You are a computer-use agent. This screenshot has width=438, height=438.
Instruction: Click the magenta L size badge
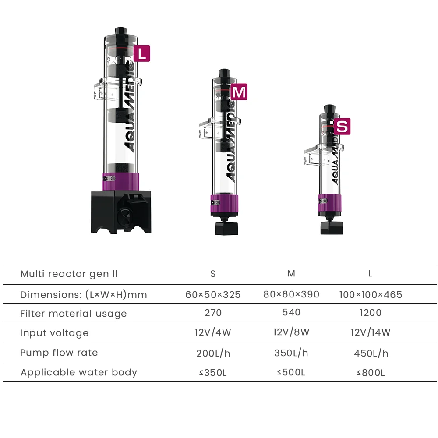(142, 53)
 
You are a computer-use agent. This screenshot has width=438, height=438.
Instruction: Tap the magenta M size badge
(239, 92)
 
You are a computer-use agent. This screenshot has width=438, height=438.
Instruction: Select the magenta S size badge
(342, 127)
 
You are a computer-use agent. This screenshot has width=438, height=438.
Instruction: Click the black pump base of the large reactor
(121, 212)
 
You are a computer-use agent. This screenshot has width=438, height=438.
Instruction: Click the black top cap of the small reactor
(330, 109)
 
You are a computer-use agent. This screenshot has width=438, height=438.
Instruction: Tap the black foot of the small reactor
(332, 228)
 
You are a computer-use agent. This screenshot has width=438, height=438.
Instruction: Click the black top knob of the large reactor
(121, 31)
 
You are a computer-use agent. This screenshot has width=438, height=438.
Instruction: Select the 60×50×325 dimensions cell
(213, 294)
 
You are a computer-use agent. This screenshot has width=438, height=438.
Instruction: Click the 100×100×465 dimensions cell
(371, 294)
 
